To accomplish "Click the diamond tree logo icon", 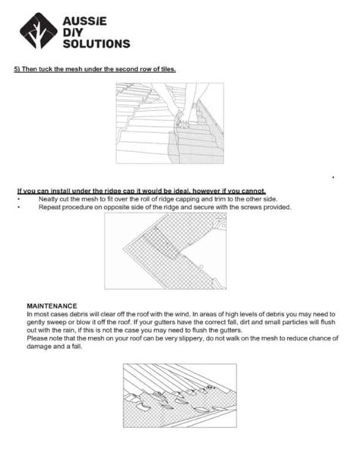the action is [38, 30].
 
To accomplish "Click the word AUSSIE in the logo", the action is [84, 21].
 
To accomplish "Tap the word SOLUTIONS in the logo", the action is [96, 43].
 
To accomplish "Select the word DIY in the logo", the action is [73, 33].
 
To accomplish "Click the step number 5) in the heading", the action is [17, 69].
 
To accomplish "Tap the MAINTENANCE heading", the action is [52, 306].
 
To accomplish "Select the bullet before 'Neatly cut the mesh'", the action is [19, 199].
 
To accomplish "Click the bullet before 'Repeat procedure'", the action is [19, 207].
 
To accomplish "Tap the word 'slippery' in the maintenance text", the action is [191, 338].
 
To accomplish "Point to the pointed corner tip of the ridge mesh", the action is [123, 249].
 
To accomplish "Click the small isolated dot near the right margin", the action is [333, 178].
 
